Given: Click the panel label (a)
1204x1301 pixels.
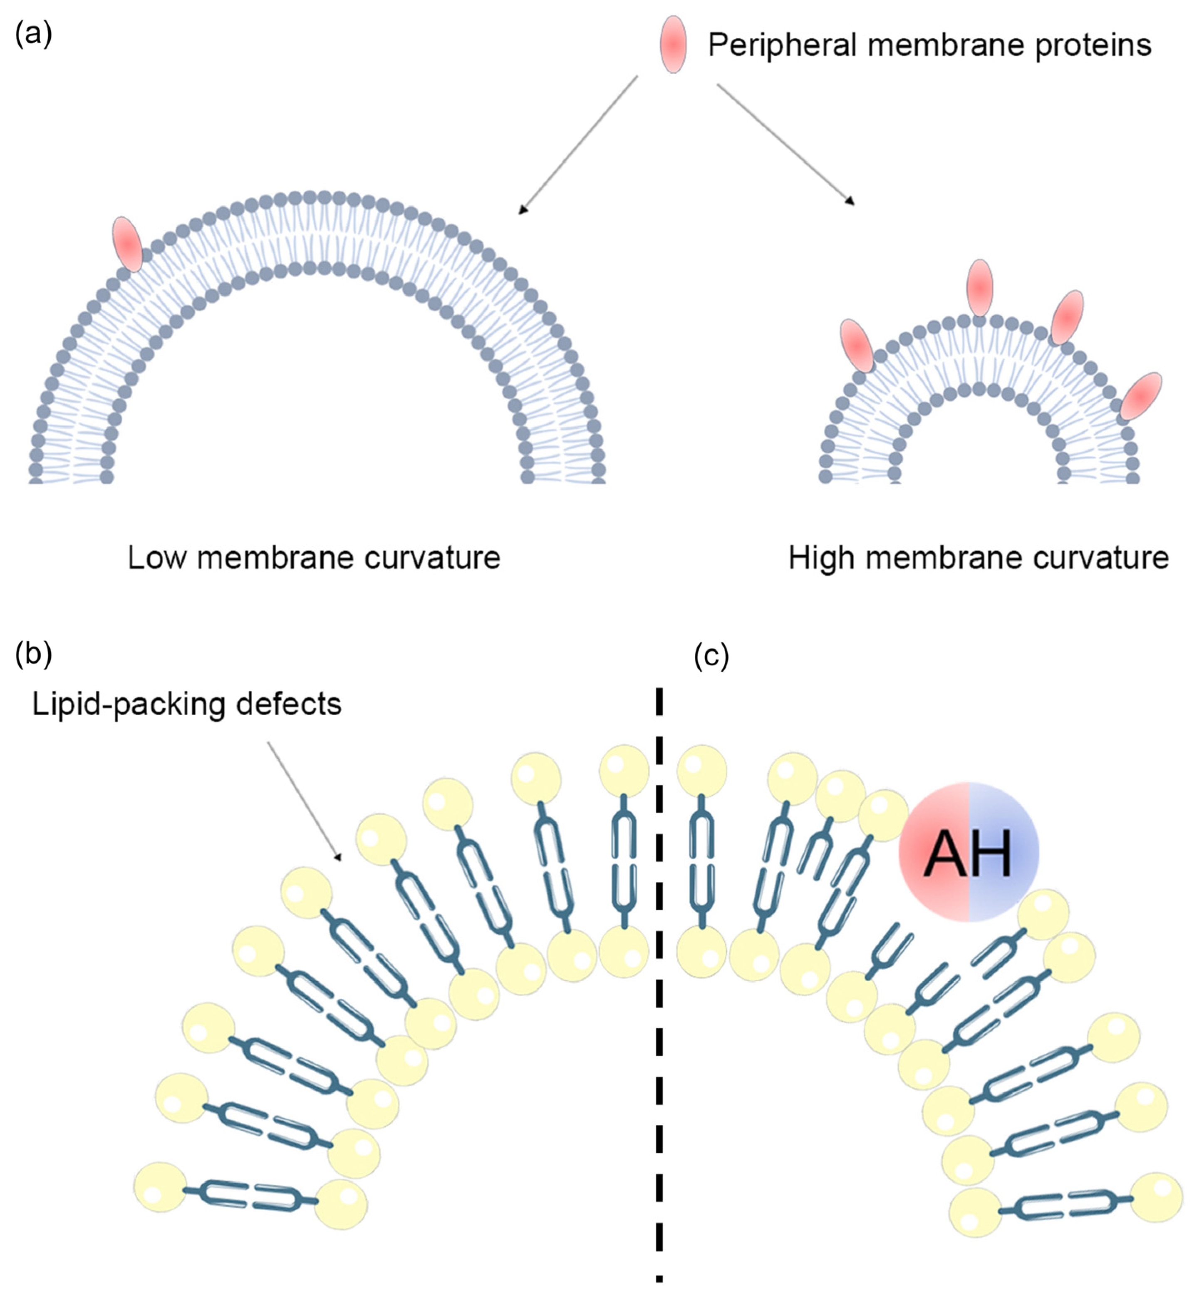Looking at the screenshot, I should click(x=32, y=32).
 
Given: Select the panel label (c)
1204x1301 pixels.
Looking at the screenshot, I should click(x=711, y=657).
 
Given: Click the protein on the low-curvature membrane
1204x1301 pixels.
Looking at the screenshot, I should click(x=128, y=244).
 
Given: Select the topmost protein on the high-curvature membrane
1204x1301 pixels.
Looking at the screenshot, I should click(x=979, y=287).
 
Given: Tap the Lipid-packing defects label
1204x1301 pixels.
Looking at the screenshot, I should click(x=186, y=704).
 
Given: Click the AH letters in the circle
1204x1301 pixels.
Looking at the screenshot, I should click(x=968, y=854).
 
